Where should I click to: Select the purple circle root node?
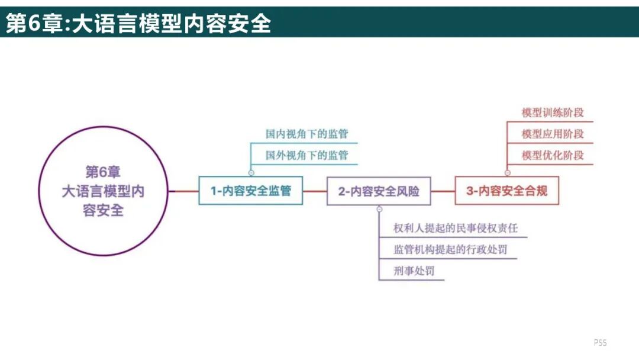104,191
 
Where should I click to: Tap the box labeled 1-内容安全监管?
251,191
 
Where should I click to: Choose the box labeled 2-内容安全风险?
379,191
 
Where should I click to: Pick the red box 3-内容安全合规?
506,191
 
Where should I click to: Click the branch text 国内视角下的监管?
306,133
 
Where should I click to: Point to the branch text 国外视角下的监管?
306,155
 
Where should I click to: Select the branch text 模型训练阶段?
553,112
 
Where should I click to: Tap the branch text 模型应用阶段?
553,134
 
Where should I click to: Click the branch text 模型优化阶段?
553,155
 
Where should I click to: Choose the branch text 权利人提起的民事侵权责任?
459,228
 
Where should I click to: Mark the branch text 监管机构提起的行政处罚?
450,249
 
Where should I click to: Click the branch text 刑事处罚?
414,271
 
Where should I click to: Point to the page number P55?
601,343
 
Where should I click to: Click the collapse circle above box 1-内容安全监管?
251,173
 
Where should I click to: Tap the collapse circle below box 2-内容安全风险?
379,209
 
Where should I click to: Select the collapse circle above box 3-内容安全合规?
507,173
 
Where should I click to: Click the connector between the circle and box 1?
183,191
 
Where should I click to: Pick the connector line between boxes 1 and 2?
315,191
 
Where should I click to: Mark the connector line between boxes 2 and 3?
443,191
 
